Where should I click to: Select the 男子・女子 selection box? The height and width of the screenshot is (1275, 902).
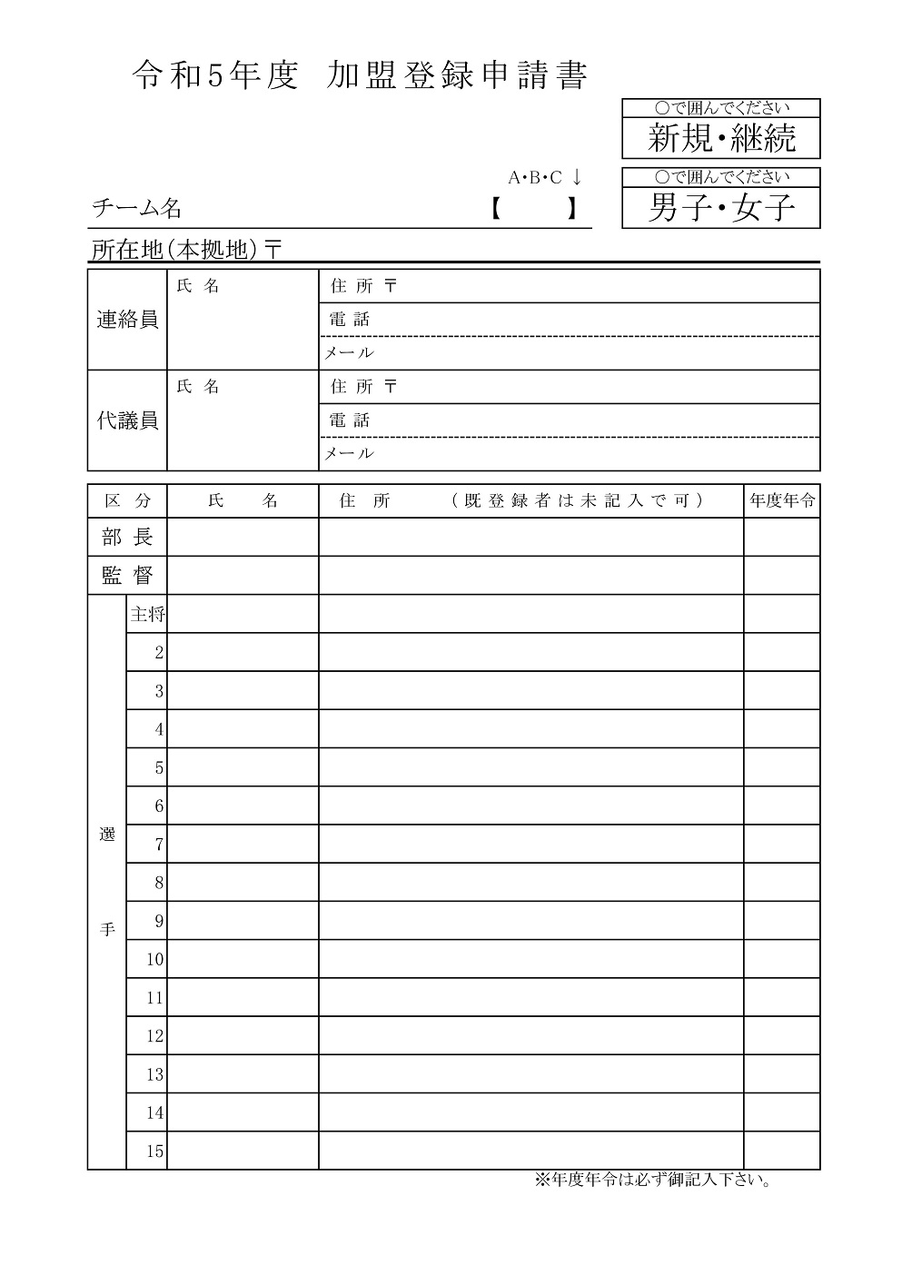[721, 208]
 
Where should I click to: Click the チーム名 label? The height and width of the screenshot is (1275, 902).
[136, 209]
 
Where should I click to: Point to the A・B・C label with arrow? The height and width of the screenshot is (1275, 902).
[544, 177]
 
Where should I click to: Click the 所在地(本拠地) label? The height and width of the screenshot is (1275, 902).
[186, 250]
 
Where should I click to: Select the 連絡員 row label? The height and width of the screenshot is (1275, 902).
[127, 320]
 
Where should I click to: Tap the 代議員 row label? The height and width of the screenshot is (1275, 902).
[127, 420]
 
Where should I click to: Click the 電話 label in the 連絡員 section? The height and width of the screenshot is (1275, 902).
[350, 320]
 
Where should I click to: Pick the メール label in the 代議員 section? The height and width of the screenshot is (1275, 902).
[350, 453]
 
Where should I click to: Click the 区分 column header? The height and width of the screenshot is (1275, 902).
[127, 500]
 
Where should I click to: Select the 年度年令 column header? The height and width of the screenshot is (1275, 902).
[781, 500]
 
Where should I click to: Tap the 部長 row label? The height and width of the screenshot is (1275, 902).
[127, 538]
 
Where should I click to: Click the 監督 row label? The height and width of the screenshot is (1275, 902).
[127, 576]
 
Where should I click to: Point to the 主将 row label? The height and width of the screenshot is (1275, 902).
[147, 615]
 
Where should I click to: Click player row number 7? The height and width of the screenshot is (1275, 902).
[158, 845]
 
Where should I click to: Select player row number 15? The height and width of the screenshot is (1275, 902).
[154, 1151]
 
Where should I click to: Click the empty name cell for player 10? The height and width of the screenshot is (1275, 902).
[243, 959]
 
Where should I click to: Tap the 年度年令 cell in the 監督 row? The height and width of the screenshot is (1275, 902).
[781, 576]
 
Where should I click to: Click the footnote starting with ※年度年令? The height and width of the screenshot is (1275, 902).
[652, 1181]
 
